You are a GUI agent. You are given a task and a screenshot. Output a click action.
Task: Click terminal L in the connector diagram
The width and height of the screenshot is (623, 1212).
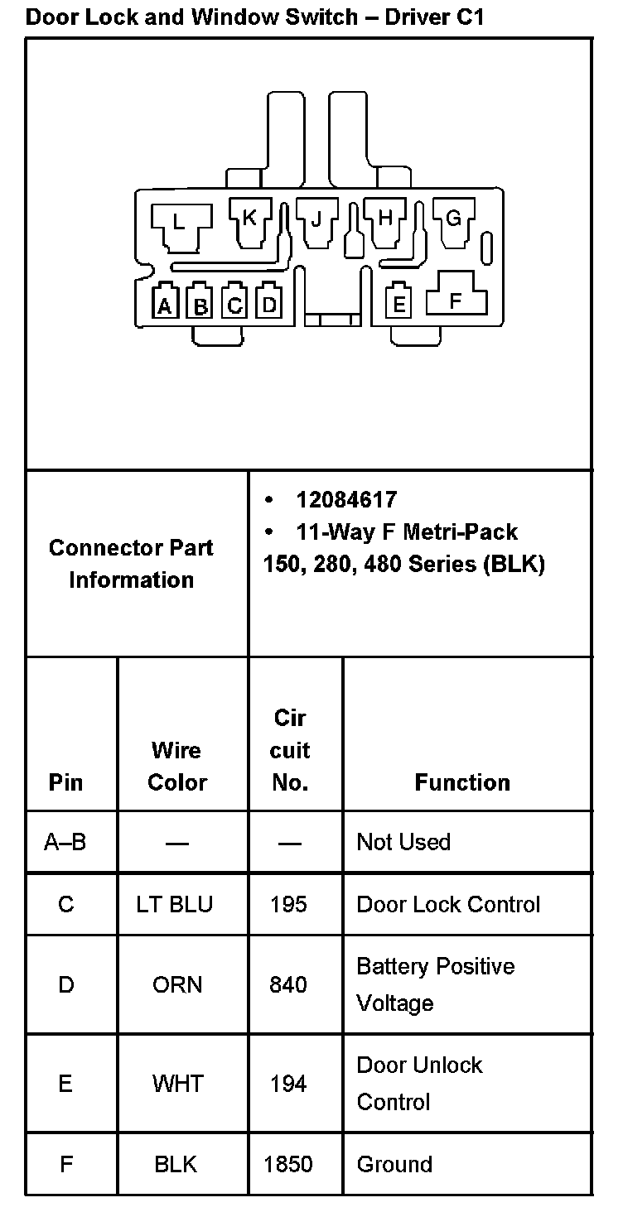click(180, 222)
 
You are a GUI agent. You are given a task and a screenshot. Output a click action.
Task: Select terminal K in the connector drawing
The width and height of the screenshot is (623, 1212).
click(249, 218)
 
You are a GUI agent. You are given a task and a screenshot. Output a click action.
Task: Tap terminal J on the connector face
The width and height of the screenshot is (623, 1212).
click(316, 219)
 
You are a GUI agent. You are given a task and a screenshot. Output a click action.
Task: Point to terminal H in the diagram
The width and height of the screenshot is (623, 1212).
click(385, 218)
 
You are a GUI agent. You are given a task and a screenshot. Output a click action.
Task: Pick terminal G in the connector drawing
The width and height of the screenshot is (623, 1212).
click(453, 219)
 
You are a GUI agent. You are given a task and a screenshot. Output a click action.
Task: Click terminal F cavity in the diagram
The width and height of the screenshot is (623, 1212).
click(456, 301)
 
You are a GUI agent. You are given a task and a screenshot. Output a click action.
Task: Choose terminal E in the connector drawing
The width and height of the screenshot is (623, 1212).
click(399, 305)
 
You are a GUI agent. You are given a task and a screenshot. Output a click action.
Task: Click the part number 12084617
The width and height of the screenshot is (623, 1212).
click(346, 500)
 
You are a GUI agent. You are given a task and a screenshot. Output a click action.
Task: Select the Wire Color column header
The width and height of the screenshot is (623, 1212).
click(176, 766)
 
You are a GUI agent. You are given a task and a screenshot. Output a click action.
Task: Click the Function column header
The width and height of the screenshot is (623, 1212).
click(462, 782)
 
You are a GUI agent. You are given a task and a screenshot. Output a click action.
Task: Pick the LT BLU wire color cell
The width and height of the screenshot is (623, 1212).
click(175, 904)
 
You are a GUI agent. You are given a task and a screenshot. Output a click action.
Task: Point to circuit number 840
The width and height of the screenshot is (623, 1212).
click(288, 984)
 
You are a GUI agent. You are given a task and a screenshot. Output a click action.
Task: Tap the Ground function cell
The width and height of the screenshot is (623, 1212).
click(394, 1164)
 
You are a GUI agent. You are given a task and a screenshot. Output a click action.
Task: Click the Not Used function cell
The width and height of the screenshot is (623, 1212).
click(403, 842)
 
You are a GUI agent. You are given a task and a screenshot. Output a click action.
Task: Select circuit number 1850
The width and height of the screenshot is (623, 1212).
click(288, 1164)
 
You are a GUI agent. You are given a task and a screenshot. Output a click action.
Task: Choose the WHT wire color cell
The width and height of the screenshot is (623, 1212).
click(177, 1083)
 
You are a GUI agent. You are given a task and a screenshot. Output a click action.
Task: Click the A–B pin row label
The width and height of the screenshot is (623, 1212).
click(65, 842)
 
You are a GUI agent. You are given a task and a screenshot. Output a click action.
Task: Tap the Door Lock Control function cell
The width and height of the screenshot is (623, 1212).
click(448, 904)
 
